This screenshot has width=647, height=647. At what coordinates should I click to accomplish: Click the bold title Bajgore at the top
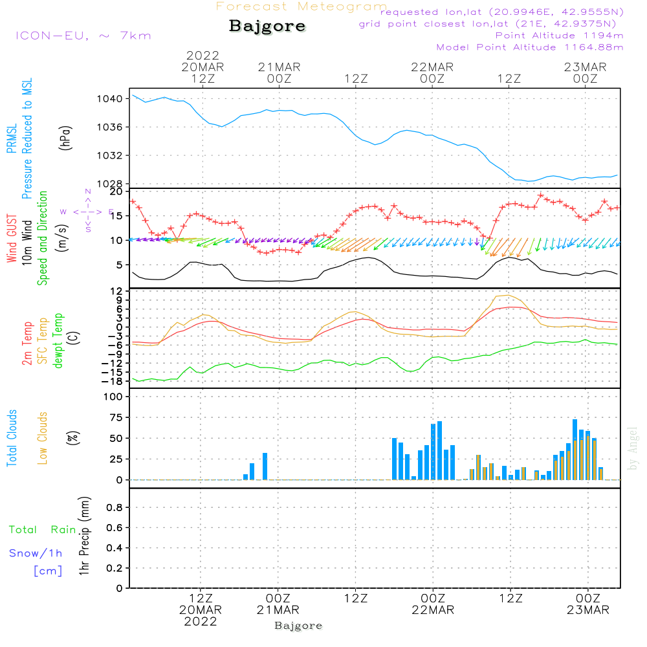(267, 27)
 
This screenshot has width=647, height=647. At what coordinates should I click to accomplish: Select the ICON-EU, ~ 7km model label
(83, 36)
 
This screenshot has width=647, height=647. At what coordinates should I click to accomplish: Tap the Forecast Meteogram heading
(302, 6)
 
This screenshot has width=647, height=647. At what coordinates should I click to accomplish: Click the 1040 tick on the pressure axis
(111, 99)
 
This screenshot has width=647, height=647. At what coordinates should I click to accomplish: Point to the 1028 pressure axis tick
(111, 184)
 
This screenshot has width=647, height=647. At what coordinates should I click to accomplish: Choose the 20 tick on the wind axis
(116, 192)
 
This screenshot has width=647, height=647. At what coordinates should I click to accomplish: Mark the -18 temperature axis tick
(114, 381)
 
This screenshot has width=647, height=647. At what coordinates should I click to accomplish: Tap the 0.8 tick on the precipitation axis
(115, 508)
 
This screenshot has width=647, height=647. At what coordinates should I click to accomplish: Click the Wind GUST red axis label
(12, 239)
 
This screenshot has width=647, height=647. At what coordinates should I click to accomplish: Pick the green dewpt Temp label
(58, 341)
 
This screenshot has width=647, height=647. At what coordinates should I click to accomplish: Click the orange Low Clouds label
(43, 437)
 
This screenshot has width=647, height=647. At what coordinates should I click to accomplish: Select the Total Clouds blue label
(12, 437)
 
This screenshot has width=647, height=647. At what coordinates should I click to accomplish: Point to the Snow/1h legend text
(36, 554)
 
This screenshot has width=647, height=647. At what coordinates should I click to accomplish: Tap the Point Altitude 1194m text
(559, 36)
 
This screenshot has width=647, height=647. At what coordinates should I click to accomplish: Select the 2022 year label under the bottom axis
(201, 622)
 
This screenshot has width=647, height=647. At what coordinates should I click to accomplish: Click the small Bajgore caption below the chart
(298, 626)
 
